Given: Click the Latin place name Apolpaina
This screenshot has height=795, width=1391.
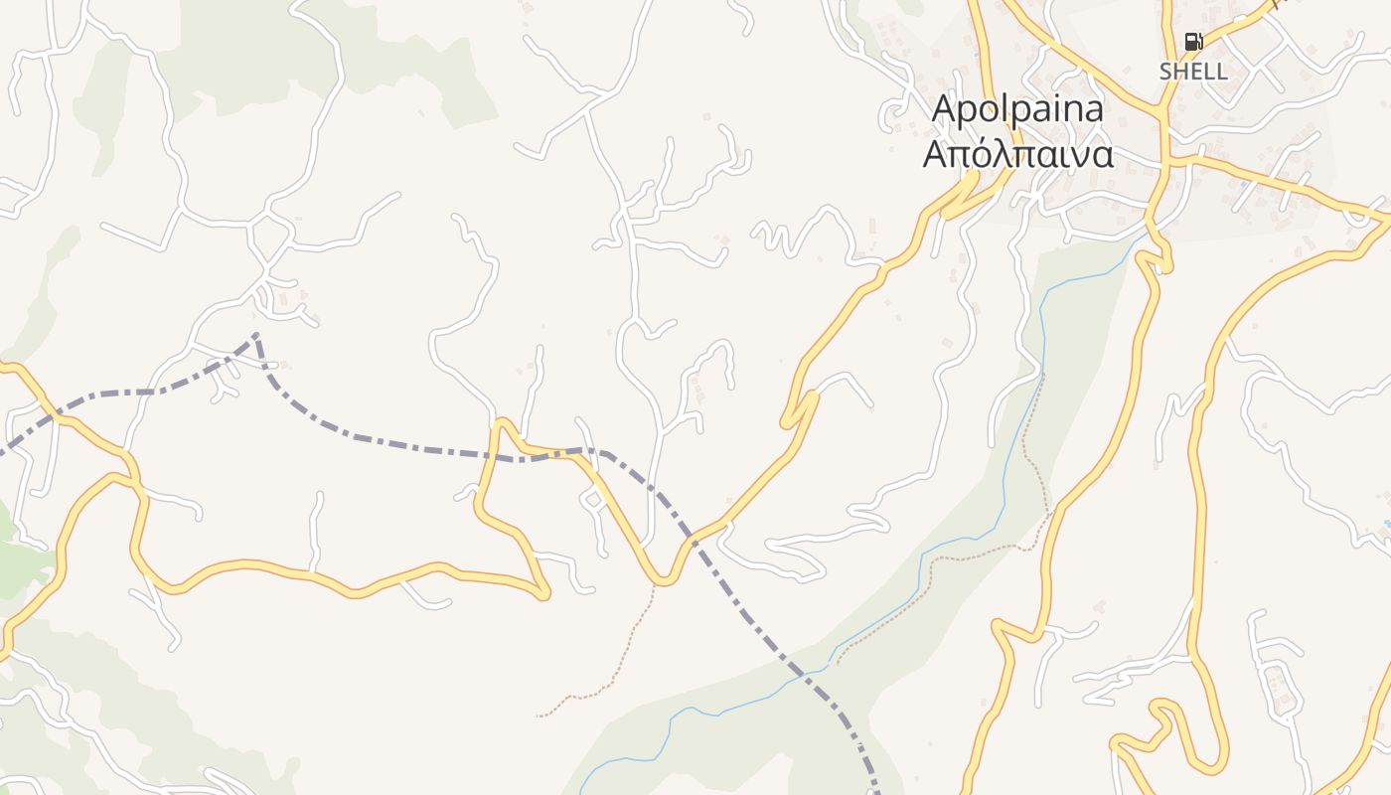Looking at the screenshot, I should pyautogui.click(x=1017, y=109).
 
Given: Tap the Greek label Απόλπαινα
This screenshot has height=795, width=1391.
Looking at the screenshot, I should pyautogui.click(x=1017, y=155).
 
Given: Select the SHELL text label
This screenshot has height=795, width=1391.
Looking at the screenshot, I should pyautogui.click(x=1193, y=72).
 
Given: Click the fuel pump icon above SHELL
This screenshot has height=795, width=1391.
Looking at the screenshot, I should pyautogui.click(x=1193, y=42).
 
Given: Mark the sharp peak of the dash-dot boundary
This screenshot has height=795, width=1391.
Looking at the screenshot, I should pyautogui.click(x=256, y=336).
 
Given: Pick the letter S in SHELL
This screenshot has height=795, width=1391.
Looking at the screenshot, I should pyautogui.click(x=1166, y=72).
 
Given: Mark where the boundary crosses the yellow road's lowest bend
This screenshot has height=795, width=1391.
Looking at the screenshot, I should pyautogui.click(x=690, y=542).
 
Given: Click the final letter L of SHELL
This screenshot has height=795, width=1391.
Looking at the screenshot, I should pyautogui.click(x=1221, y=72).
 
